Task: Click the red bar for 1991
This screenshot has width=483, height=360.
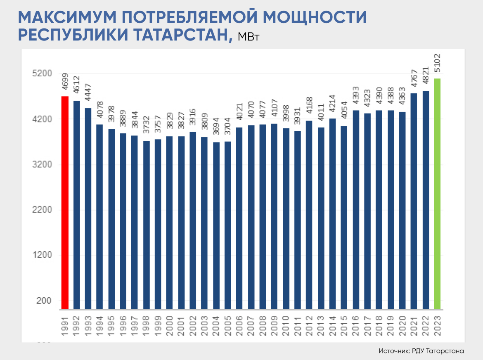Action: coord(65,202)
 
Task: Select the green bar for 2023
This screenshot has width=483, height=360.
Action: coord(437,194)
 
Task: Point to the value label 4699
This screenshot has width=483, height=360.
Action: coord(65,82)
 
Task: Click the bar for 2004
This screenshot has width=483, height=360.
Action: coord(216,225)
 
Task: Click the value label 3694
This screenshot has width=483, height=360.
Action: coord(216,129)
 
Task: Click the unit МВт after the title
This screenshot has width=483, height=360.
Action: coord(248,37)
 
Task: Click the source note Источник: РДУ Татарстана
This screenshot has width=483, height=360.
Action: coord(421,351)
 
